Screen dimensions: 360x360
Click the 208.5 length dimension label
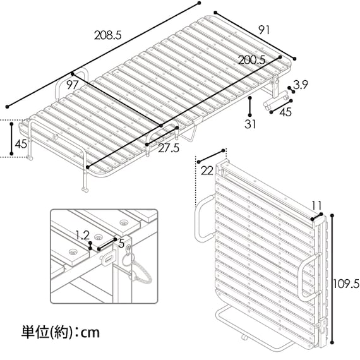pos(107,35)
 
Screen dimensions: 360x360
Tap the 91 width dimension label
pos(264,30)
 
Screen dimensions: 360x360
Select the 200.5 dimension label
pos(251,60)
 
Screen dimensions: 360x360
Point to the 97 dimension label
pos(73,85)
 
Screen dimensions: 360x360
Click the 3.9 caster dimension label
pos(301,85)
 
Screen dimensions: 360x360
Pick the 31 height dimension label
pos(250,124)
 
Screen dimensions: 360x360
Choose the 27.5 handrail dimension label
pos(169,148)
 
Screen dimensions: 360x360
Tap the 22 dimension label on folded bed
pos(207,171)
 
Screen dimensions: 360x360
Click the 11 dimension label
pos(317,205)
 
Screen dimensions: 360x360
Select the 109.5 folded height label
pos(346,284)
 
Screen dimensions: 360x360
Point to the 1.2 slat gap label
pos(82,236)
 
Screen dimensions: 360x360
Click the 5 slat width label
pos(121,244)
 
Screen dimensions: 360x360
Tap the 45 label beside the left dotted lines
pos(21,144)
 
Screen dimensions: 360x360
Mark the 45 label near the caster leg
pos(286,112)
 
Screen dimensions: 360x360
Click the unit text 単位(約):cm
pos(61,332)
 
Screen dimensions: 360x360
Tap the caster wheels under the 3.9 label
pos(275,100)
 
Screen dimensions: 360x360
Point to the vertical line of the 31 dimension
pos(250,107)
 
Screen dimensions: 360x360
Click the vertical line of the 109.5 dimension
pos(332,279)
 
